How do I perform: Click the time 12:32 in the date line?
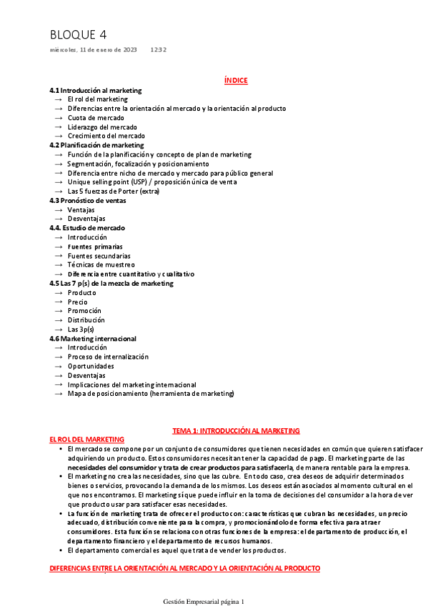click(159, 50)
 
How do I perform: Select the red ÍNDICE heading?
click(236, 81)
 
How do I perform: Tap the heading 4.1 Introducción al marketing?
click(95, 91)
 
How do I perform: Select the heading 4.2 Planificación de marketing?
click(96, 145)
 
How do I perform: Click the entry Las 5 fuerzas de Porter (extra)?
click(114, 191)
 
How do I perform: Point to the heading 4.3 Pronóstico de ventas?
click(87, 201)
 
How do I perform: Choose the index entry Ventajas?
click(81, 210)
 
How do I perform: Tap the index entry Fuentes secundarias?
click(99, 256)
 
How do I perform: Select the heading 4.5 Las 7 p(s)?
click(111, 283)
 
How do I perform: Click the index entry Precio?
click(77, 302)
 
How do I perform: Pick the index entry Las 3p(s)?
click(81, 329)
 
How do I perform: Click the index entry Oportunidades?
click(91, 366)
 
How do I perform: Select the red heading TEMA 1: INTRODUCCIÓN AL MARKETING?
click(236, 431)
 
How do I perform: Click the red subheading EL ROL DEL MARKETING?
click(86, 439)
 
